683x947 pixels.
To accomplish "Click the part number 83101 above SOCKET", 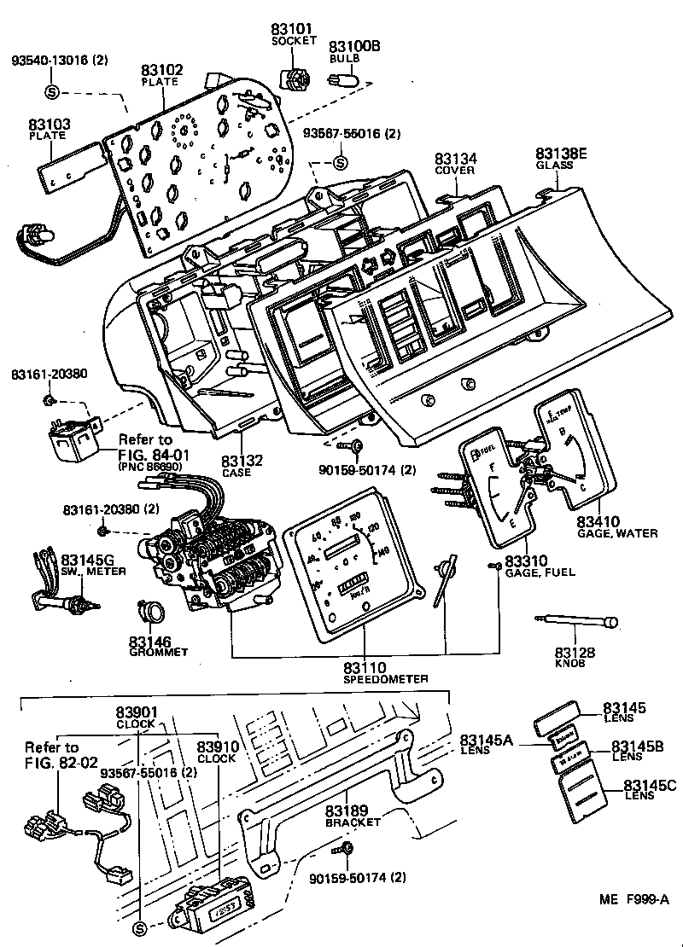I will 293,29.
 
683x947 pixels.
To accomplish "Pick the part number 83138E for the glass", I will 562,154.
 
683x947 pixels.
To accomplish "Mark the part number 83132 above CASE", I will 242,460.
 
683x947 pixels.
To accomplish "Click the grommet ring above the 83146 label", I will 153,611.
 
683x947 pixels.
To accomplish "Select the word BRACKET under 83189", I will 353,822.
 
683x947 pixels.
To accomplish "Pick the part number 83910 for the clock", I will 217,746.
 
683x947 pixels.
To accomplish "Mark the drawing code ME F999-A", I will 633,899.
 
